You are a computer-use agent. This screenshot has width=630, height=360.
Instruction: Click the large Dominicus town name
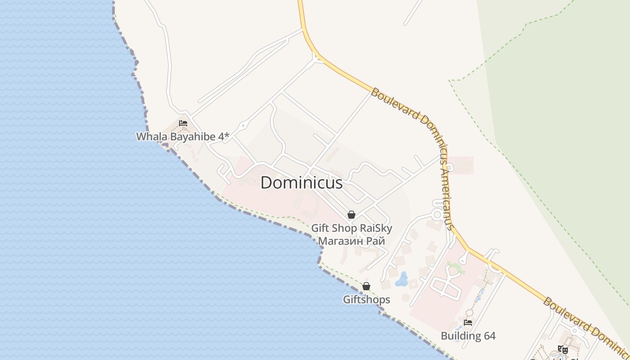[301, 183]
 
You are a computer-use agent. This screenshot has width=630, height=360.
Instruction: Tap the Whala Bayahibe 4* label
[183, 136]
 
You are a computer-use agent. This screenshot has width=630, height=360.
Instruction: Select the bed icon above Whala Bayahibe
[183, 123]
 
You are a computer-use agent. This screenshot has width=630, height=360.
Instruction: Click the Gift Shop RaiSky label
[351, 228]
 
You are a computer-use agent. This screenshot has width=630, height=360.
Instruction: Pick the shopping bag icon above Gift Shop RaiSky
[351, 215]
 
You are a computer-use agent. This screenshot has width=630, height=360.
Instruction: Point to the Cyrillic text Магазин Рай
[351, 241]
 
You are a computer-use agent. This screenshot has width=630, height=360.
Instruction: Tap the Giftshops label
[366, 299]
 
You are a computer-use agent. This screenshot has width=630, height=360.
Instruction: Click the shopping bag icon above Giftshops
[366, 286]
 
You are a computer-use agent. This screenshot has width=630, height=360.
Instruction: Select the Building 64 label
[468, 336]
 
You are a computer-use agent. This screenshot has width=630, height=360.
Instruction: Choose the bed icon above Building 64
[468, 323]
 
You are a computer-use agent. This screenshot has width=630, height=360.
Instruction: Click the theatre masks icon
[562, 349]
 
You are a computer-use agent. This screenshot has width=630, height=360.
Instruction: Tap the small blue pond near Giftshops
[401, 279]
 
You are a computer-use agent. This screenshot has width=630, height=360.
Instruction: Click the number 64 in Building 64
[489, 336]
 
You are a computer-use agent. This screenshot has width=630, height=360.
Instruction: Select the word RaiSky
[376, 228]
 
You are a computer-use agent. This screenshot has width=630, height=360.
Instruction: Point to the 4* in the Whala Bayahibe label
[224, 136]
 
